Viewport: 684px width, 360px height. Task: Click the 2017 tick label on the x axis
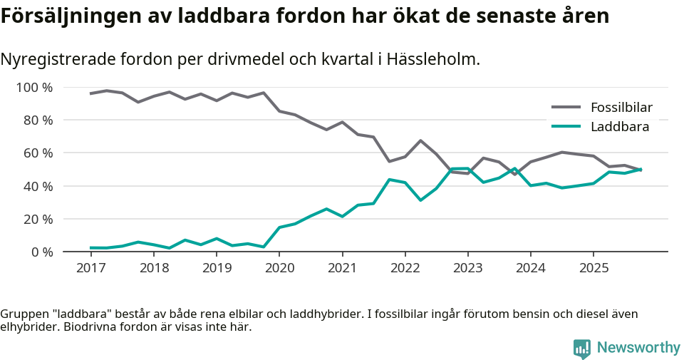tap(90, 268)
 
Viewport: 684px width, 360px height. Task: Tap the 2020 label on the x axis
tap(279, 268)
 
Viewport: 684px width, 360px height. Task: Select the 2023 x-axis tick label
tap(467, 268)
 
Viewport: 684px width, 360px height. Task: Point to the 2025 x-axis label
tap(594, 268)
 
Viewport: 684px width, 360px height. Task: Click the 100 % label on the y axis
tap(34, 88)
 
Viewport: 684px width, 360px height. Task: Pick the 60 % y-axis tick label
tap(38, 153)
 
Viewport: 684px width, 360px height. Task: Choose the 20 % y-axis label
tap(38, 219)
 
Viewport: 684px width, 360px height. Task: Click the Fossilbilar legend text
tap(621, 108)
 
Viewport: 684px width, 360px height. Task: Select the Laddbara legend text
tap(619, 127)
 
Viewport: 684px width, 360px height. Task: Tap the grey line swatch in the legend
tap(566, 108)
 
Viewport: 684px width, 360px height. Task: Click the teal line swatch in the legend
tap(566, 127)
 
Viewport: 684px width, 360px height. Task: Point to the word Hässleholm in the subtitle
tap(432, 59)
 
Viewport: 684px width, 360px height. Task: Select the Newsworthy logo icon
tap(582, 348)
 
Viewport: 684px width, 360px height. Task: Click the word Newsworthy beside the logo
tap(638, 348)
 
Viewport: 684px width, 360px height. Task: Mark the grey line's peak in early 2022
tap(420, 140)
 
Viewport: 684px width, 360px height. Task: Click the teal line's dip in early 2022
tap(420, 200)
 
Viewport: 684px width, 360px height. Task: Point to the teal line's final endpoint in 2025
tap(641, 169)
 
